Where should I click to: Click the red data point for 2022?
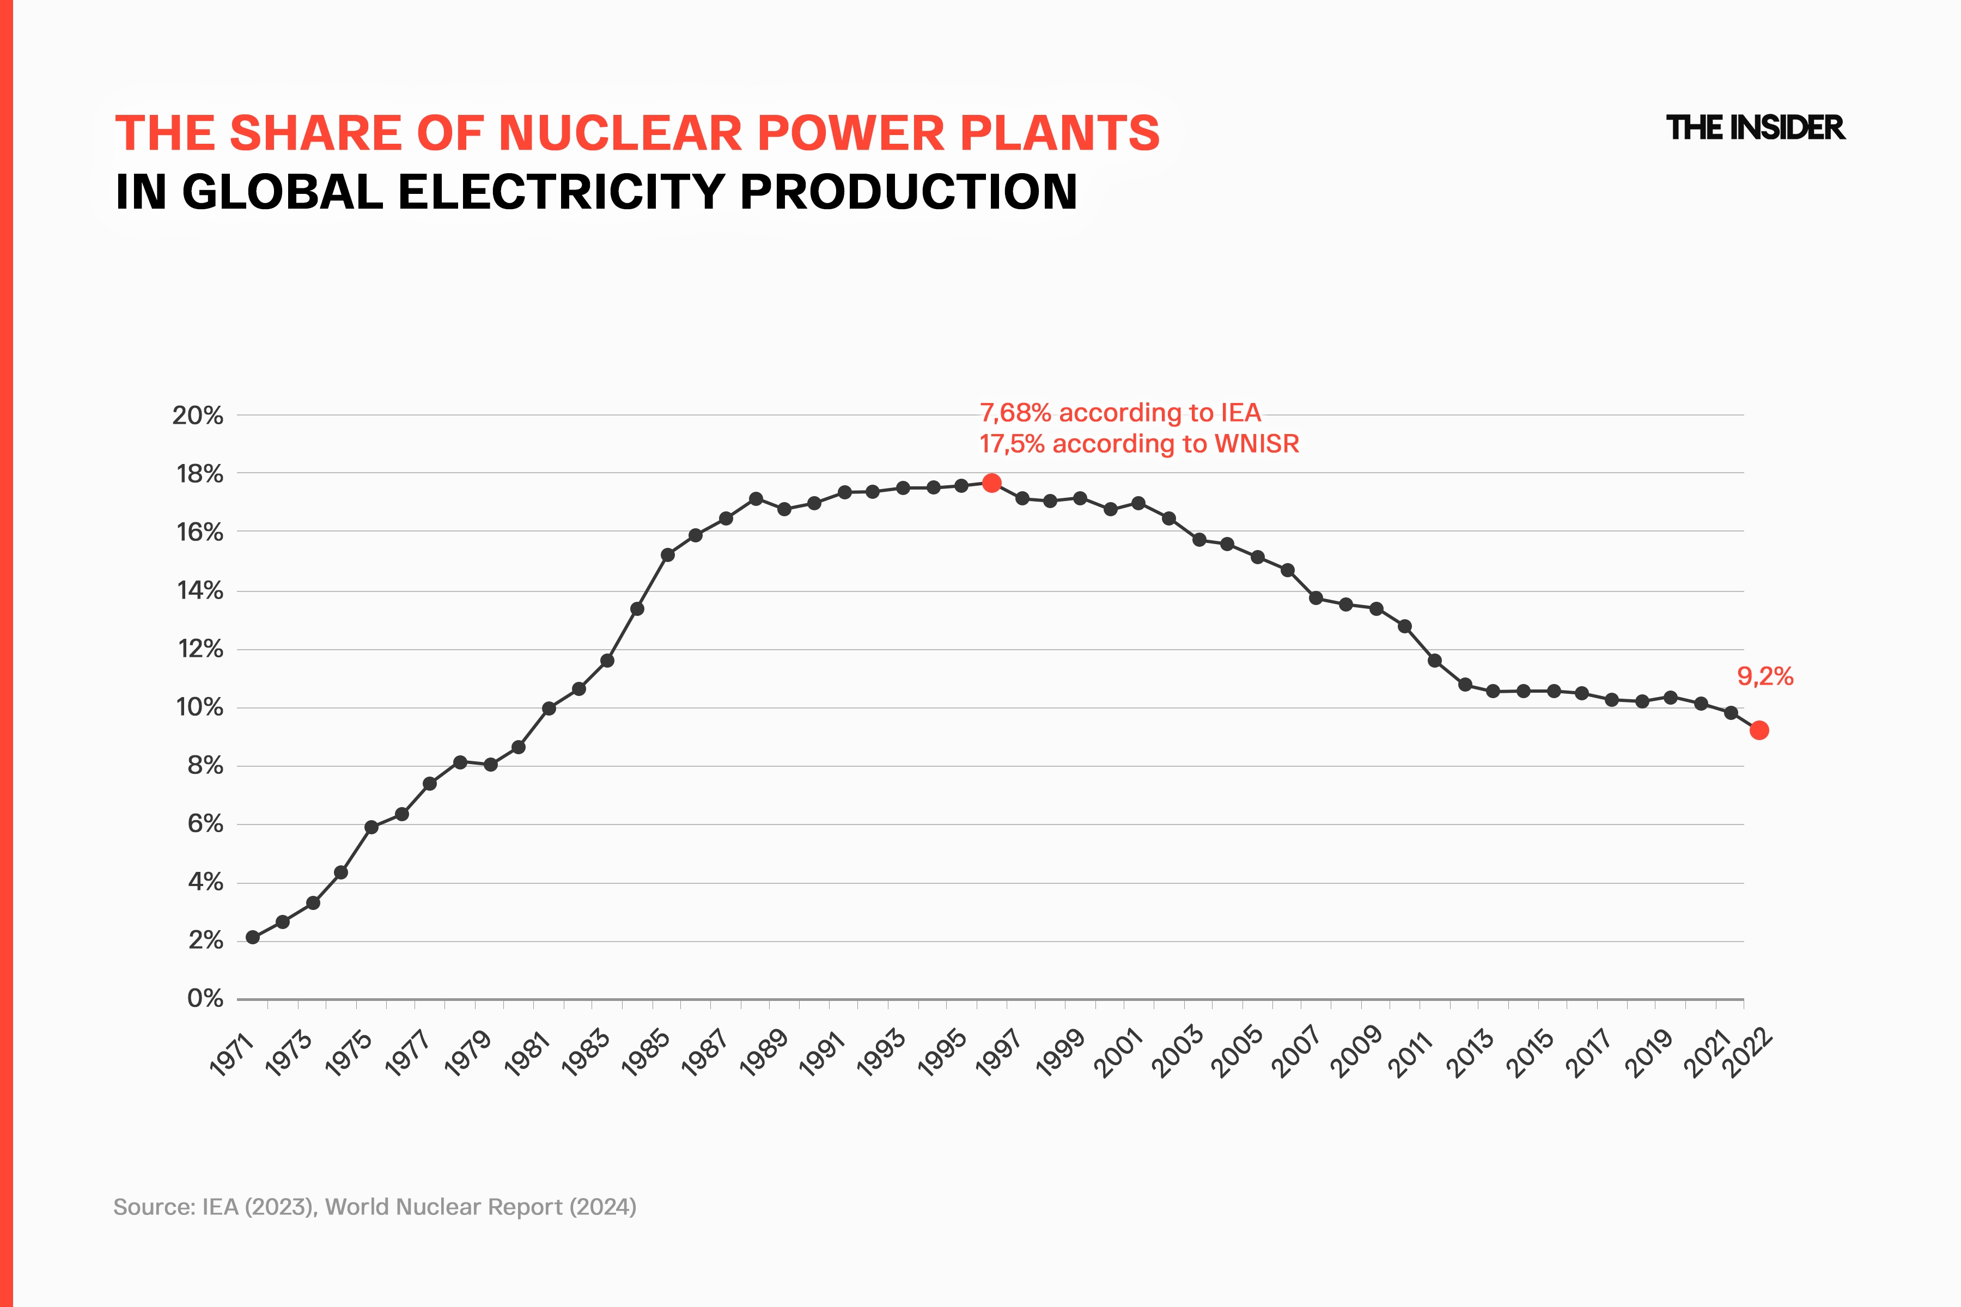tap(1759, 730)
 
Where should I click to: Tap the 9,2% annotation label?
tap(1765, 676)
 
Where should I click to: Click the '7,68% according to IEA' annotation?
tap(1120, 413)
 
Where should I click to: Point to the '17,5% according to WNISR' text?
tap(1139, 443)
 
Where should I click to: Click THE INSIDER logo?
tap(1755, 127)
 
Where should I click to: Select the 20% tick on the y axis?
tap(198, 415)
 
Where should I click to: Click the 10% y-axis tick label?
tap(199, 707)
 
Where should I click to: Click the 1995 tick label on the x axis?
tap(941, 1054)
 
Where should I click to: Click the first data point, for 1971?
tap(253, 938)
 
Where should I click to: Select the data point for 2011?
tap(1435, 660)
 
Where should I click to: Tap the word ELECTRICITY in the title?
tap(561, 192)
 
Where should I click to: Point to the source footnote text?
tap(374, 1207)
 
